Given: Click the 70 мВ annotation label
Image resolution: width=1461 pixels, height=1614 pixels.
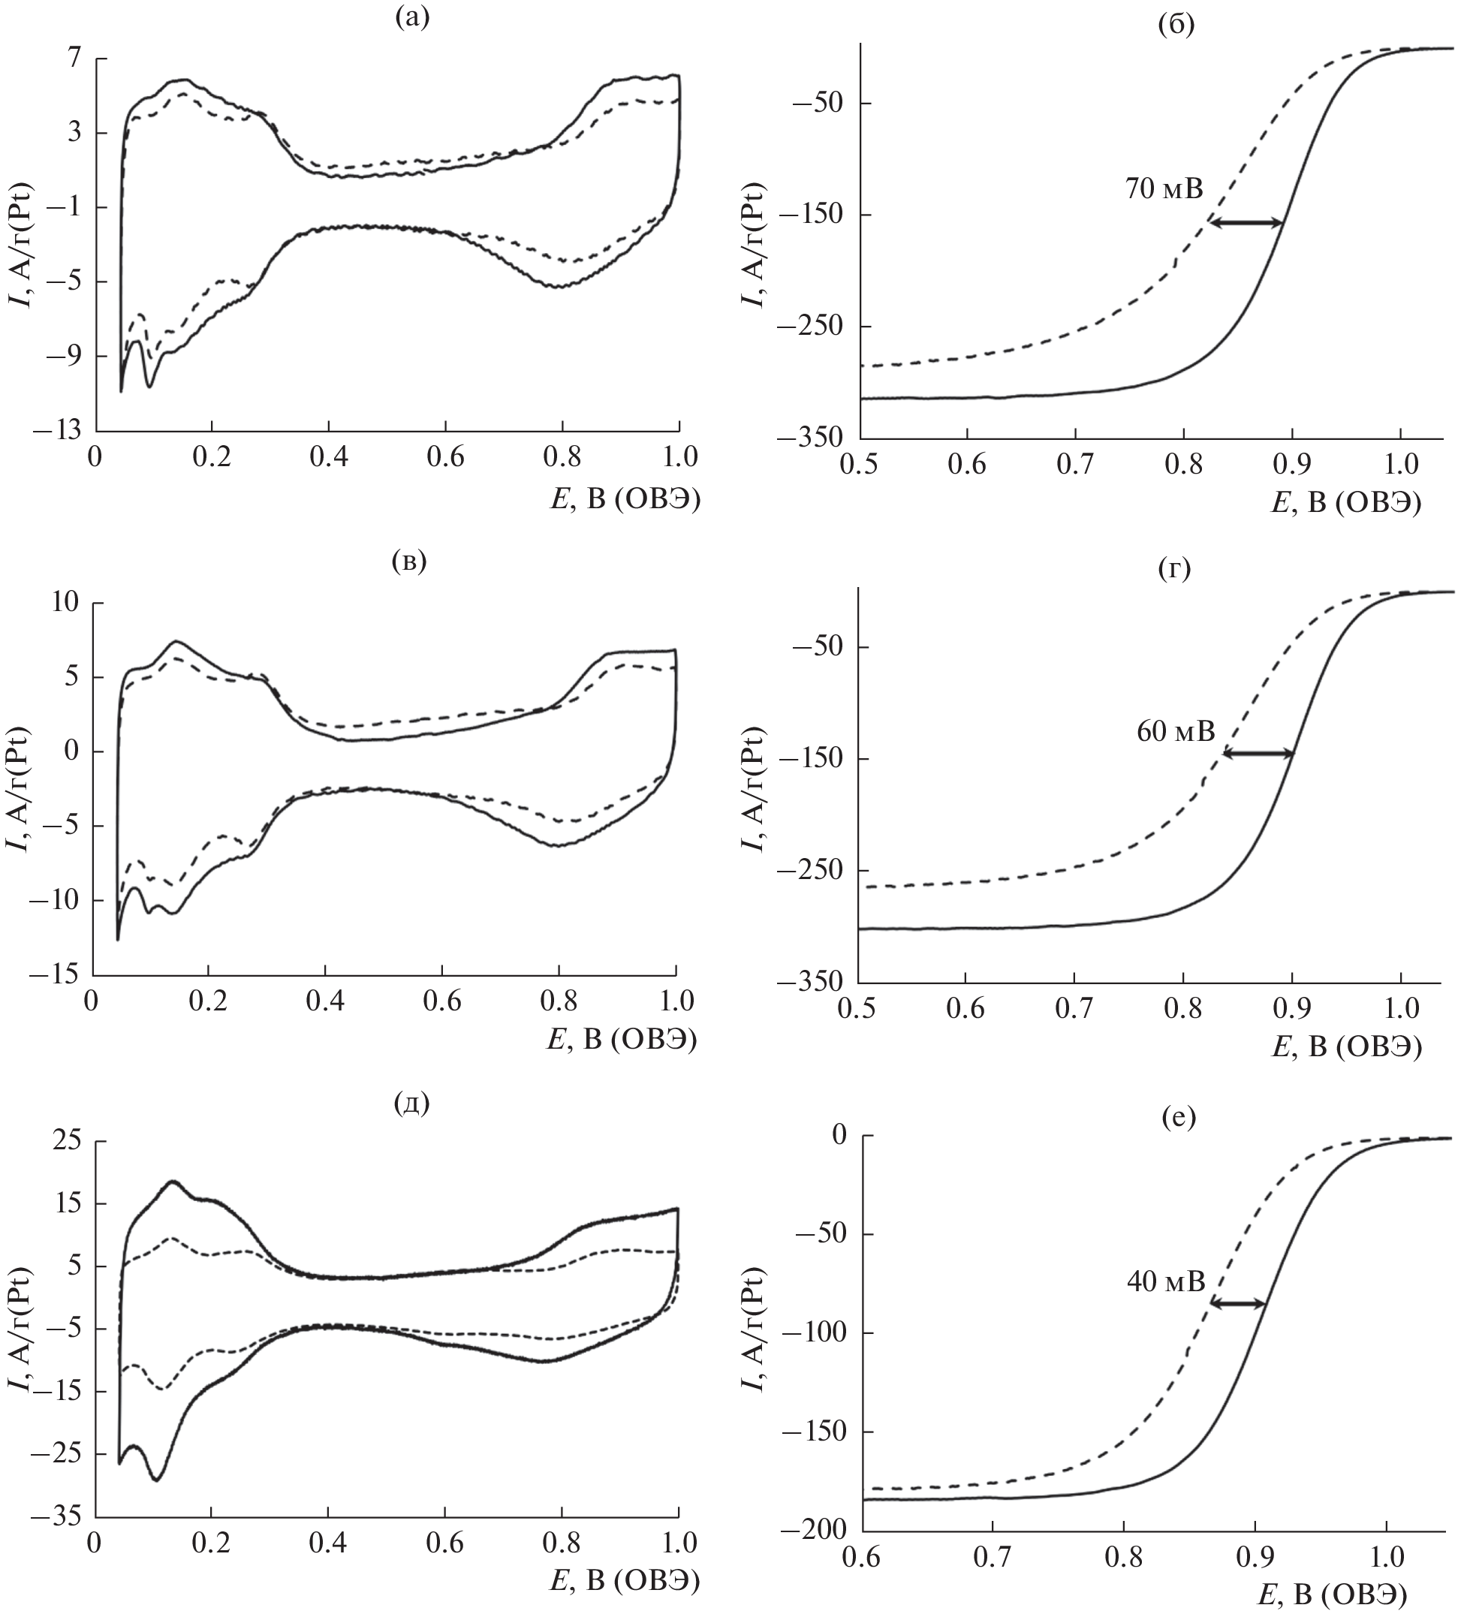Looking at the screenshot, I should (1164, 189).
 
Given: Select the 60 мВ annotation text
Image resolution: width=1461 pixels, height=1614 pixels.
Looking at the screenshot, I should (1175, 731).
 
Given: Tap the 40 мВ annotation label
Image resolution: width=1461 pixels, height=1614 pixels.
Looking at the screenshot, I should (1164, 1281).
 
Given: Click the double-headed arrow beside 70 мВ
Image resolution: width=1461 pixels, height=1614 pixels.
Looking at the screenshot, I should (1246, 224).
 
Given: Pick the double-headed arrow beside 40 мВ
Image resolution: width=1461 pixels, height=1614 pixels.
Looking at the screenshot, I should (1238, 1303).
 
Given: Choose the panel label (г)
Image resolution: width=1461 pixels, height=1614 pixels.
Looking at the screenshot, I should (1174, 569).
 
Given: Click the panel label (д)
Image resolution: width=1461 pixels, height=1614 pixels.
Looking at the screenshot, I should (411, 1103).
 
